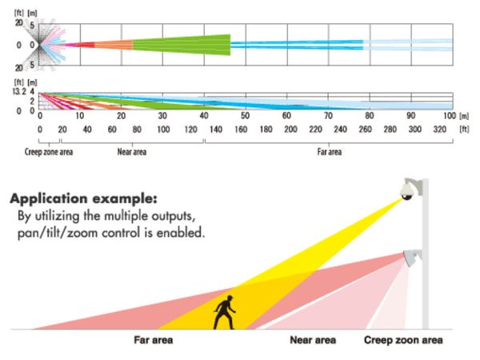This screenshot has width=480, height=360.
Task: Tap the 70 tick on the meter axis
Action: coord(327,117)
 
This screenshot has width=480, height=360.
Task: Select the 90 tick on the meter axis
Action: coord(410,117)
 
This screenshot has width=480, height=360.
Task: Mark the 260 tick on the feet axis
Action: coord(364,129)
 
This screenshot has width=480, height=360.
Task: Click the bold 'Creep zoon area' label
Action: coord(404,340)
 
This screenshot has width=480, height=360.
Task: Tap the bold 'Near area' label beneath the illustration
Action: coord(314,340)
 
